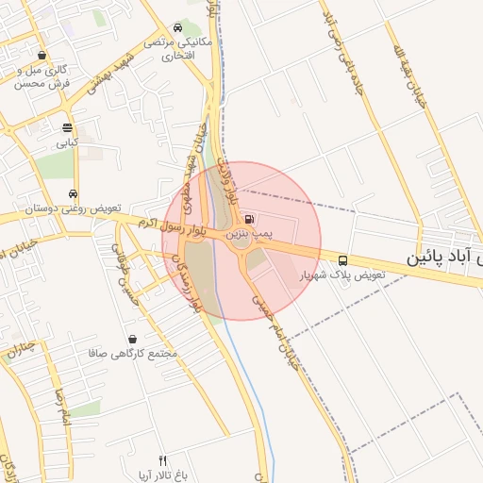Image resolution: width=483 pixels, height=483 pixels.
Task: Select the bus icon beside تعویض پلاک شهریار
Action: pos(341,260)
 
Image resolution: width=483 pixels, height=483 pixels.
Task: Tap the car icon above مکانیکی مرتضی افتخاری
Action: pos(178,28)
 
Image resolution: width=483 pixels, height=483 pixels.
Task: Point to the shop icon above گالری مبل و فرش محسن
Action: pos(41,56)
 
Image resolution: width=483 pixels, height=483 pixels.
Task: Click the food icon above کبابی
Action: pos(67,128)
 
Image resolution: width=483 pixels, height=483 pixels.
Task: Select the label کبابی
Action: pos(66,143)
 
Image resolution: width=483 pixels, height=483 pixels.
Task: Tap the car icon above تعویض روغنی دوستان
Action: pos(72,192)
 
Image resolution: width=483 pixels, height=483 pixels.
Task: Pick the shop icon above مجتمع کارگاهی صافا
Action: pos(131,339)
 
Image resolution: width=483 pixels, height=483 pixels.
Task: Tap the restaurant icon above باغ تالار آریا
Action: pos(161,459)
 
